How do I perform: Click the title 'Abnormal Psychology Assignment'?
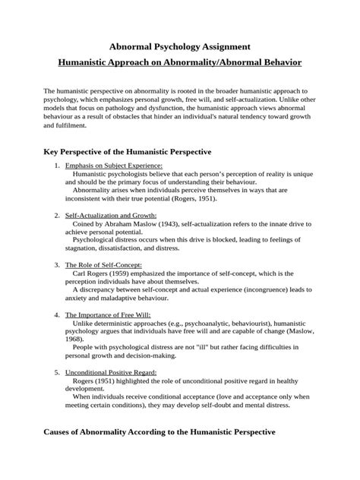(180, 46)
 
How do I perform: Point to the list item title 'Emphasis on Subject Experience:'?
(114, 166)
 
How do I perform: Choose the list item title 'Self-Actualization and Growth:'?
(111, 215)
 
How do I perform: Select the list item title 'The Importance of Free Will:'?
(108, 313)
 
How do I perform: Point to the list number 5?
(58, 372)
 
